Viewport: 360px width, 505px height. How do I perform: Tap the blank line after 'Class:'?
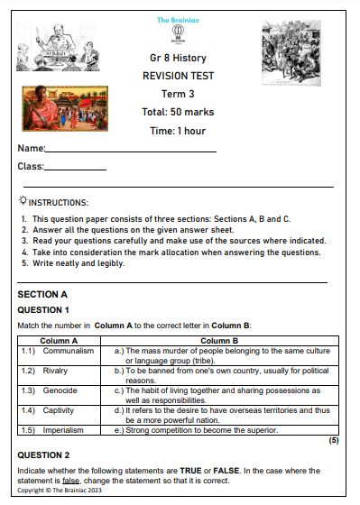pyautogui.click(x=75, y=169)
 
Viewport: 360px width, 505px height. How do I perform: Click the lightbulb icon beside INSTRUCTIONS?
pyautogui.click(x=23, y=202)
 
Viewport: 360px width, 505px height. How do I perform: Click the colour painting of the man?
pyautogui.click(x=65, y=107)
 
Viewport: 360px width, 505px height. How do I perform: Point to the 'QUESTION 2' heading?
pyautogui.click(x=43, y=454)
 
